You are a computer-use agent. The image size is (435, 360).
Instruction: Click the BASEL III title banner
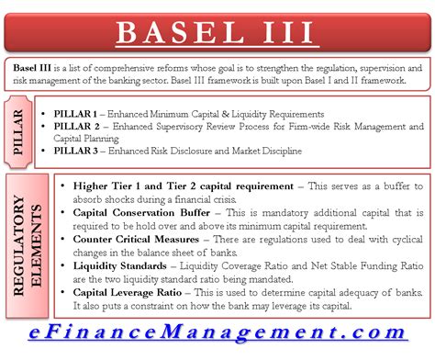(217, 33)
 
